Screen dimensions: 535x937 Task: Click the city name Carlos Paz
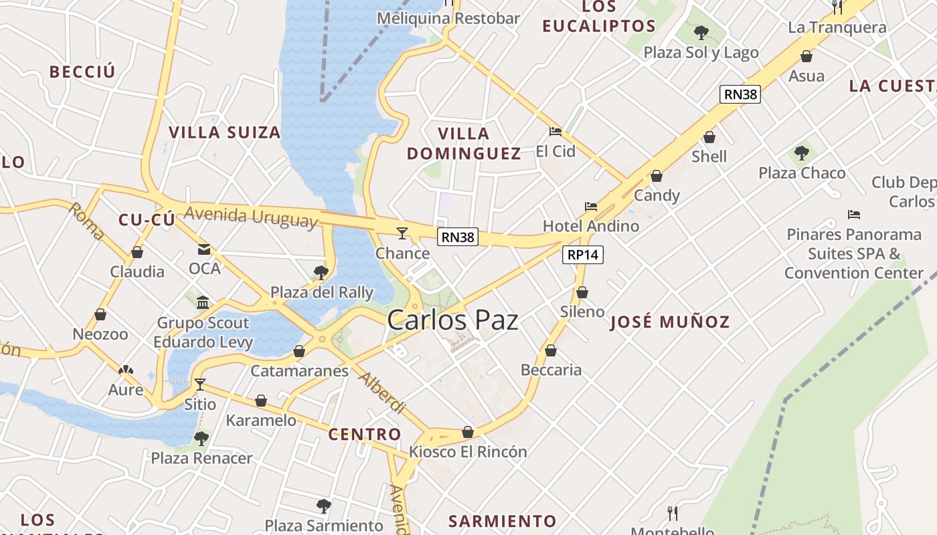click(x=452, y=320)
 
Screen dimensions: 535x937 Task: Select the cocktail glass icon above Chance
click(x=402, y=233)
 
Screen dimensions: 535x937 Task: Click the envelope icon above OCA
click(x=204, y=249)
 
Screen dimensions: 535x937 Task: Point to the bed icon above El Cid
click(x=555, y=132)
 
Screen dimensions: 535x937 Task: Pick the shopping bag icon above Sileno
click(x=582, y=292)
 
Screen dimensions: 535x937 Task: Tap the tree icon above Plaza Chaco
click(x=801, y=153)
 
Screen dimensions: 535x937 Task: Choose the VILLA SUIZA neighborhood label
click(x=224, y=132)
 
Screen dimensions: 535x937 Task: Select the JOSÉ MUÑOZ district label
click(x=670, y=322)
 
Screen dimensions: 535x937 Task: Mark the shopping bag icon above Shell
click(x=709, y=137)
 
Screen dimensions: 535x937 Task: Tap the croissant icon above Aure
click(x=125, y=370)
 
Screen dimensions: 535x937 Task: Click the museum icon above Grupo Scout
click(x=203, y=302)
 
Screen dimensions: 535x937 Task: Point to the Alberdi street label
click(x=382, y=393)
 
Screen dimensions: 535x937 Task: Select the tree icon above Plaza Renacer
click(x=201, y=439)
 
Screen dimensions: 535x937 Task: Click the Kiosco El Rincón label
click(x=468, y=451)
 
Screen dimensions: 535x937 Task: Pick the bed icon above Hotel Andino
click(x=590, y=207)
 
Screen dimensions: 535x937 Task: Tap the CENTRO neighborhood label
click(x=365, y=435)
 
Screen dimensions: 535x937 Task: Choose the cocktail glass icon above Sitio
click(x=199, y=385)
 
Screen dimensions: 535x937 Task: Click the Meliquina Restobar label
click(x=448, y=18)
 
